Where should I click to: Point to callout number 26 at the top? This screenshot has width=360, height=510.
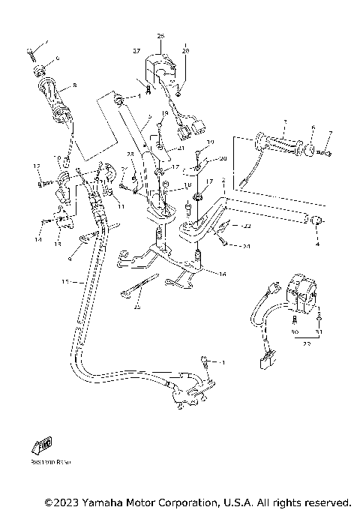pos(160,35)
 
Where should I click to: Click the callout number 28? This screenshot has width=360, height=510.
pos(186,50)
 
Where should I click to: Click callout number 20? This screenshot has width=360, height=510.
pos(223,158)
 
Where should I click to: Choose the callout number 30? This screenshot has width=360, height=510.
pos(293,331)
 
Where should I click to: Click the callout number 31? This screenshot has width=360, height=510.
pos(318,331)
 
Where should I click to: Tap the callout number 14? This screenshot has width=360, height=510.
pos(37,239)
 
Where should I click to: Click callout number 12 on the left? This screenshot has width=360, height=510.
pos(34,166)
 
